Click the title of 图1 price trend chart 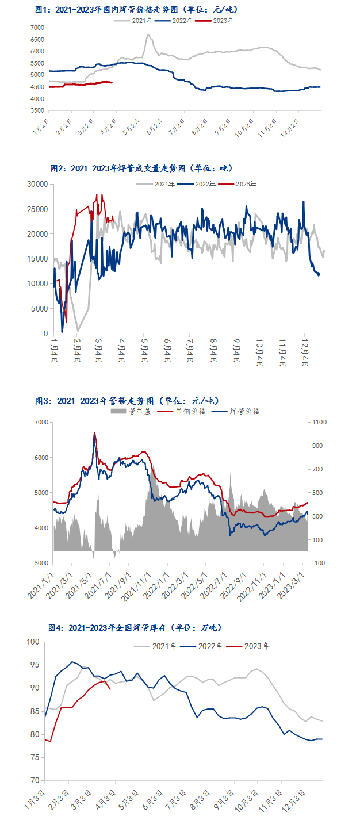[136, 10]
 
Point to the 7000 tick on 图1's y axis [36, 28]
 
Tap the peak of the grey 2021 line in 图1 [148, 34]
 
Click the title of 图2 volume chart [140, 168]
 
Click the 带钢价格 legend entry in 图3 [192, 411]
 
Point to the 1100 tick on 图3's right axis [320, 423]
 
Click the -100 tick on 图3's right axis [320, 563]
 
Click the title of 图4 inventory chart [136, 628]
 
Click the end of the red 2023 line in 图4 [110, 688]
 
